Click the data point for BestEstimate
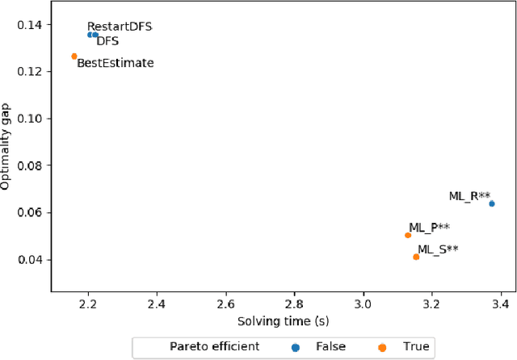point(74,57)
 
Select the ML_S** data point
point(416,257)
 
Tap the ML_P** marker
point(408,235)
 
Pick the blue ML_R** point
point(492,203)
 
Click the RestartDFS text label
point(120,27)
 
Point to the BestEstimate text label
point(115,63)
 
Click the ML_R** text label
point(469,196)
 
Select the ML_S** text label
point(438,249)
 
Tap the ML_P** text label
point(429,228)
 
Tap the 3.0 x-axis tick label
point(364,305)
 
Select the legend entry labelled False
point(332,347)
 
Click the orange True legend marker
point(382,347)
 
